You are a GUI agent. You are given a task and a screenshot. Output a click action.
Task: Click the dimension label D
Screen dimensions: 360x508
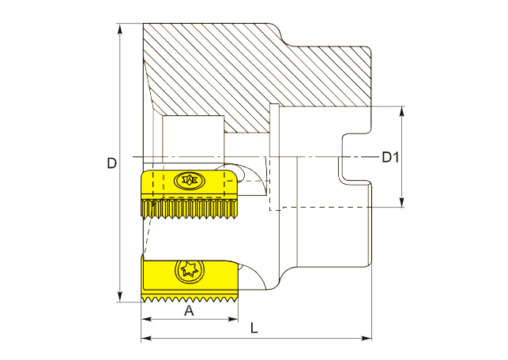[x=112, y=163]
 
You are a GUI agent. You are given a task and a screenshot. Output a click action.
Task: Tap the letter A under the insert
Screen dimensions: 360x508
[x=189, y=311]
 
